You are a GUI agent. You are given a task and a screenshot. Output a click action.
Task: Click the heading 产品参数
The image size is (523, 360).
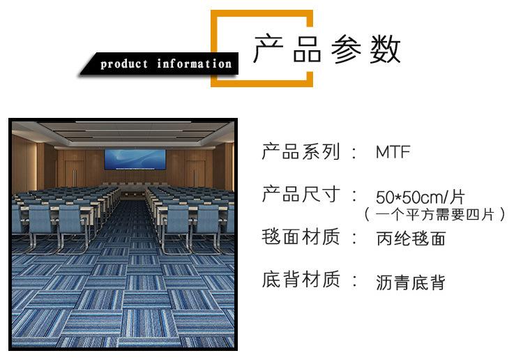click(327, 49)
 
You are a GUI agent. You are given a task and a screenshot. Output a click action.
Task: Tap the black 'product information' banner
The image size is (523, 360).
click(160, 63)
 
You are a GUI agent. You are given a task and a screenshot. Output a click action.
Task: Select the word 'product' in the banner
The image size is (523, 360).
click(124, 63)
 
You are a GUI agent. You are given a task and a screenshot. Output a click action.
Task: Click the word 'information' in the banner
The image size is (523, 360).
click(194, 63)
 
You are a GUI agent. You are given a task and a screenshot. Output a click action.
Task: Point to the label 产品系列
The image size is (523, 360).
click(301, 151)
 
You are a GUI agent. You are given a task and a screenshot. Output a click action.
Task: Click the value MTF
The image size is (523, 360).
click(393, 152)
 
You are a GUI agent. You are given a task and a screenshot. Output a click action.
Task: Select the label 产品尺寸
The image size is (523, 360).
click(301, 194)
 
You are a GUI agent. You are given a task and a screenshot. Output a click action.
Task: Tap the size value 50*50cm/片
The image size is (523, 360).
click(420, 197)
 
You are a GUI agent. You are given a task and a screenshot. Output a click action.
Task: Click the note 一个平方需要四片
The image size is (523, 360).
click(434, 214)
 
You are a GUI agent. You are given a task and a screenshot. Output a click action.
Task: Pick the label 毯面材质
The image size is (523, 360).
click(301, 237)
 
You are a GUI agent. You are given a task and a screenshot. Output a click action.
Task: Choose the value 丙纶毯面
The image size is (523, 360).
click(411, 239)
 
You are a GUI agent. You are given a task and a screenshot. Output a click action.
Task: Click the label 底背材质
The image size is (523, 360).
click(301, 279)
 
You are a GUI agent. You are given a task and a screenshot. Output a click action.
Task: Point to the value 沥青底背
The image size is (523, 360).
click(411, 283)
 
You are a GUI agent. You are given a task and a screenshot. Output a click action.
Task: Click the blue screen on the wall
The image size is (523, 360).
click(135, 160)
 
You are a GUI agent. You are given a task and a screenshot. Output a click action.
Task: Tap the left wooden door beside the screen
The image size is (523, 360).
click(74, 174)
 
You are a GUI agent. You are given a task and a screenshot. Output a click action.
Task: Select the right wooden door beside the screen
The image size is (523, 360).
click(195, 174)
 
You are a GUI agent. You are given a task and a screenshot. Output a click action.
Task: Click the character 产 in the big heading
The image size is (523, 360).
click(268, 49)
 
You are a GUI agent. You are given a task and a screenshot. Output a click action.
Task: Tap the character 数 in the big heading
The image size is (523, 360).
click(385, 49)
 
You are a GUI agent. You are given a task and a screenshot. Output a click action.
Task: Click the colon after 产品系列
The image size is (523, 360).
click(354, 152)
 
